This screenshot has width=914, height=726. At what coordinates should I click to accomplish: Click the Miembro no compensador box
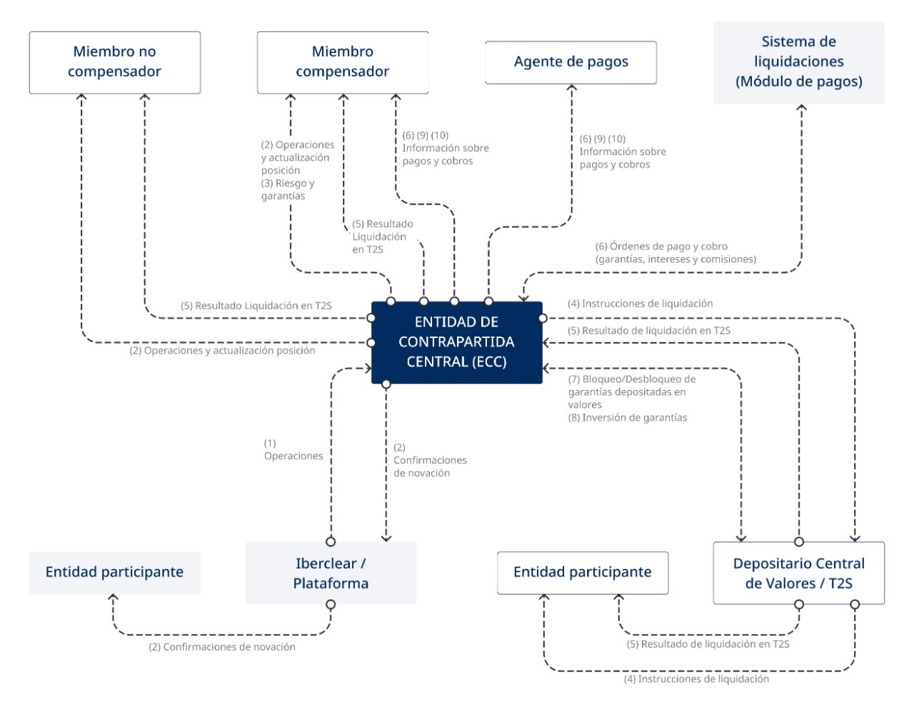pyautogui.click(x=114, y=62)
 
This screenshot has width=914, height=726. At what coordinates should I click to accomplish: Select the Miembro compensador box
pyautogui.click(x=343, y=62)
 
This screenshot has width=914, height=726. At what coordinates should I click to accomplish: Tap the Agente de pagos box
pyautogui.click(x=571, y=62)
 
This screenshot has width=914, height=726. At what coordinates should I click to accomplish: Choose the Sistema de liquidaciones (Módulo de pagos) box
pyautogui.click(x=798, y=62)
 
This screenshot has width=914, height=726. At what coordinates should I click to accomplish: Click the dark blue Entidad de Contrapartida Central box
pyautogui.click(x=456, y=342)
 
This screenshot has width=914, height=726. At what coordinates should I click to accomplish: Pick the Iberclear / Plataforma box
pyautogui.click(x=331, y=573)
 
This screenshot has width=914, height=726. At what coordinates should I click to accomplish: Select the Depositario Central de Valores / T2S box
pyautogui.click(x=798, y=573)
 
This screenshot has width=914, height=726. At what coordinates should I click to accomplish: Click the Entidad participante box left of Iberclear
pyautogui.click(x=114, y=572)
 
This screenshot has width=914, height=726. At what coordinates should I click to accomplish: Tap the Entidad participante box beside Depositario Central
pyautogui.click(x=582, y=572)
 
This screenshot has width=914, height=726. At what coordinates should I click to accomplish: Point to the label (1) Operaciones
pyautogui.click(x=293, y=449)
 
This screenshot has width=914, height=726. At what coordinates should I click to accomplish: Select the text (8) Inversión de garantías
pyautogui.click(x=627, y=418)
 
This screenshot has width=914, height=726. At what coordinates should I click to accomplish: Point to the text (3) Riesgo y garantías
pyautogui.click(x=287, y=189)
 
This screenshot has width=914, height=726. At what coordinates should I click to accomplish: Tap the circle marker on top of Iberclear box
pyautogui.click(x=331, y=542)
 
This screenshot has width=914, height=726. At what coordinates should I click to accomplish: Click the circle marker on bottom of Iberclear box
pyautogui.click(x=331, y=605)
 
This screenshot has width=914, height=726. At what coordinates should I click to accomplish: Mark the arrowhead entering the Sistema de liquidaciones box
pyautogui.click(x=801, y=108)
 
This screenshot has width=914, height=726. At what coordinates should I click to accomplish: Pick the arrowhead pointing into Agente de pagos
pyautogui.click(x=571, y=88)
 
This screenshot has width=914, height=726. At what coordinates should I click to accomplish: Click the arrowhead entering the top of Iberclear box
pyautogui.click(x=386, y=538)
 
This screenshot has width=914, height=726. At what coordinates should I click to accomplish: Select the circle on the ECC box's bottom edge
pyautogui.click(x=386, y=384)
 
